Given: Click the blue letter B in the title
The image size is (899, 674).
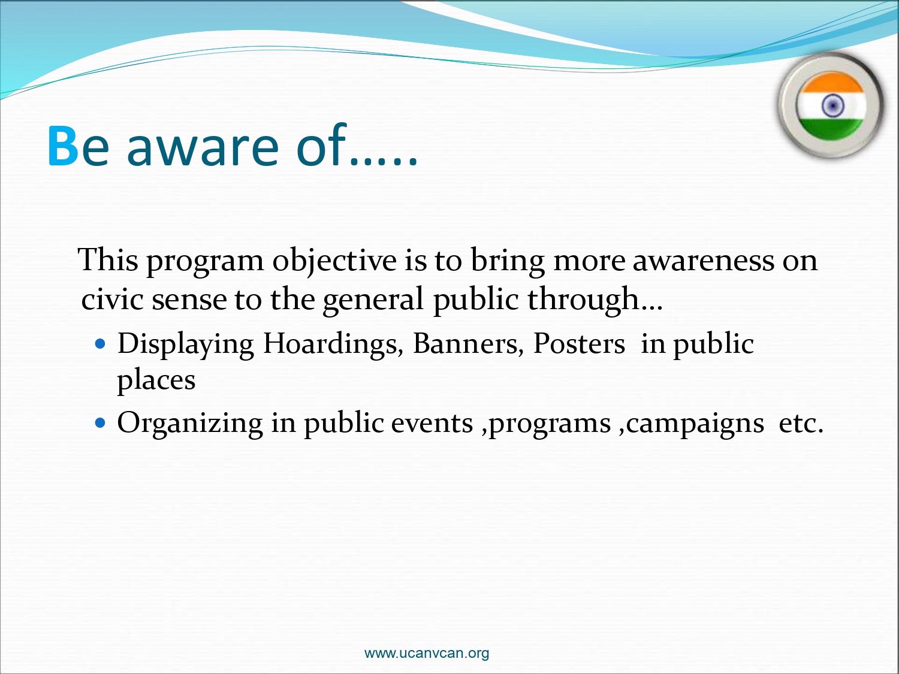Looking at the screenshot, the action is point(63,146).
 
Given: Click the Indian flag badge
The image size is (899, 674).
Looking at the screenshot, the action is point(831,105).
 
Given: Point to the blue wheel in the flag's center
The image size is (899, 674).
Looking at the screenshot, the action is point(832,105).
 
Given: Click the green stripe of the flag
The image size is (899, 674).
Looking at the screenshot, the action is point(831,129).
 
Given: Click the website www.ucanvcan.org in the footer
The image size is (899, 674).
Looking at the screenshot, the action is point(426,654).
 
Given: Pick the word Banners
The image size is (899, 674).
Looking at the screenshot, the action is point(468,344).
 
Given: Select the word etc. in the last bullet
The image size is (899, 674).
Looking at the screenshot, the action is point(801,424).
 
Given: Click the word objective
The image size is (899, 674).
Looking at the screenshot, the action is point(334,261).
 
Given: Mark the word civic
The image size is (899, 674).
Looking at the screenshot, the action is point(112,299).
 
